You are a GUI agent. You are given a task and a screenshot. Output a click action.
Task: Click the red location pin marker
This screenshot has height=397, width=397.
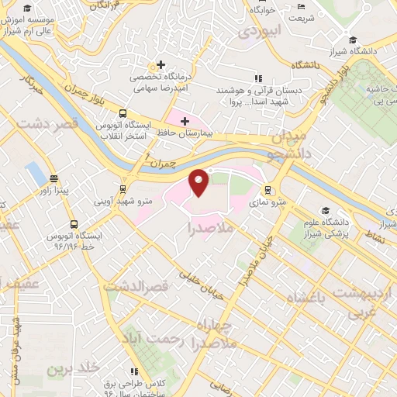pyautogui.click(x=199, y=183)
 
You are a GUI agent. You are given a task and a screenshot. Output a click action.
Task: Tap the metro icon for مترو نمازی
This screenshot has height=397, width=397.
pyautogui.click(x=268, y=189)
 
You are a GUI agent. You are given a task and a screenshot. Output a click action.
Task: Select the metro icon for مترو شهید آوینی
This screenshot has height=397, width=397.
pyautogui.click(x=123, y=189)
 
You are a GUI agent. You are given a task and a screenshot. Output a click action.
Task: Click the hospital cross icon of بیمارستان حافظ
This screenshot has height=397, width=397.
pyautogui.click(x=184, y=121)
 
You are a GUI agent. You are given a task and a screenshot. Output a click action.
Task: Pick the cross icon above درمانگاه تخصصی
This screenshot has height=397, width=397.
pyautogui.click(x=161, y=65)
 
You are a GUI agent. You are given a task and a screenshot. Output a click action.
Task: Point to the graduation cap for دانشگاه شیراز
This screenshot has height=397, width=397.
pyautogui.click(x=353, y=40)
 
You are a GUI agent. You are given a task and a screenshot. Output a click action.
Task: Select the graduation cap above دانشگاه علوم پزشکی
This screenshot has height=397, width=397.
pyautogui.click(x=327, y=210)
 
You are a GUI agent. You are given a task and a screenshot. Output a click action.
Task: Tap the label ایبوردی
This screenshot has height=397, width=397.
pyautogui.click(x=257, y=31)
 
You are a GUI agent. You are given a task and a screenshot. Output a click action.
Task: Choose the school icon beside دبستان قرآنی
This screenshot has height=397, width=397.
pyautogui.click(x=258, y=78)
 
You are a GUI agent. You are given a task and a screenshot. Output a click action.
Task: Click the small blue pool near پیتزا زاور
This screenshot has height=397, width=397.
pyautogui.click(x=35, y=175)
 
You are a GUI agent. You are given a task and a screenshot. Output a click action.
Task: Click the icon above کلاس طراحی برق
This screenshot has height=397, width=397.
pyautogui.click(x=136, y=373)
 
